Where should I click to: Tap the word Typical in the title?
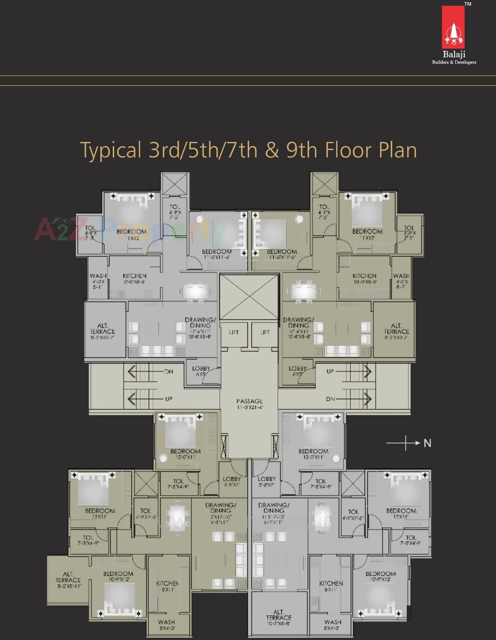coord(110,150)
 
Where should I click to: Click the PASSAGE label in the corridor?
coord(250,401)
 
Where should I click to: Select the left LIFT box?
coord(234,332)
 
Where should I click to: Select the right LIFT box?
coord(265,332)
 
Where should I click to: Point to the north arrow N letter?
coord(427,443)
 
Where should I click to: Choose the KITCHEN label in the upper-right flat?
coord(364,276)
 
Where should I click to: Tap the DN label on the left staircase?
coord(169,371)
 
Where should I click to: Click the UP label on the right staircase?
coord(330,371)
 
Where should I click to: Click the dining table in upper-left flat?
coord(196,291)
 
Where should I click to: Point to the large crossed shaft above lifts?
coord(249,297)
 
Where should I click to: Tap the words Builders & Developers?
coord(454,62)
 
